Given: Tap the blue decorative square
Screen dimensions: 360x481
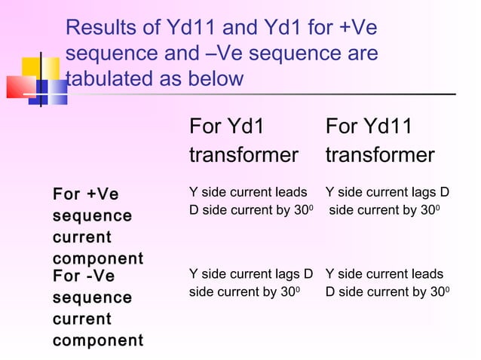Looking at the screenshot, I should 47,93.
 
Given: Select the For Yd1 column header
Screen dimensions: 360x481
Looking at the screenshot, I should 227,127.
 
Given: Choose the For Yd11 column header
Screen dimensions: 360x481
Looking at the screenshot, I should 369,127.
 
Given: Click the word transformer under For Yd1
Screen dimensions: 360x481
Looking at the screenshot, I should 244,155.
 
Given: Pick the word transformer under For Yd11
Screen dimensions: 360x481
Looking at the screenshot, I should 380,155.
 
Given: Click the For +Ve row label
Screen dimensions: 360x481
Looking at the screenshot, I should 86,195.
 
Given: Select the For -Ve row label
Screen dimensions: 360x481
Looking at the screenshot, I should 84,276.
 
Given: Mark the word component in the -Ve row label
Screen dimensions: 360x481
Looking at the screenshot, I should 97,340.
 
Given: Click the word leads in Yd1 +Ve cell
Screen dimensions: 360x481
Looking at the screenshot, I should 293,191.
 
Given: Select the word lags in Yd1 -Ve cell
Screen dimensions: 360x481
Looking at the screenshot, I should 287,275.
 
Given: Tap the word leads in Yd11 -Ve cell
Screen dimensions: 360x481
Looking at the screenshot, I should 429,275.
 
